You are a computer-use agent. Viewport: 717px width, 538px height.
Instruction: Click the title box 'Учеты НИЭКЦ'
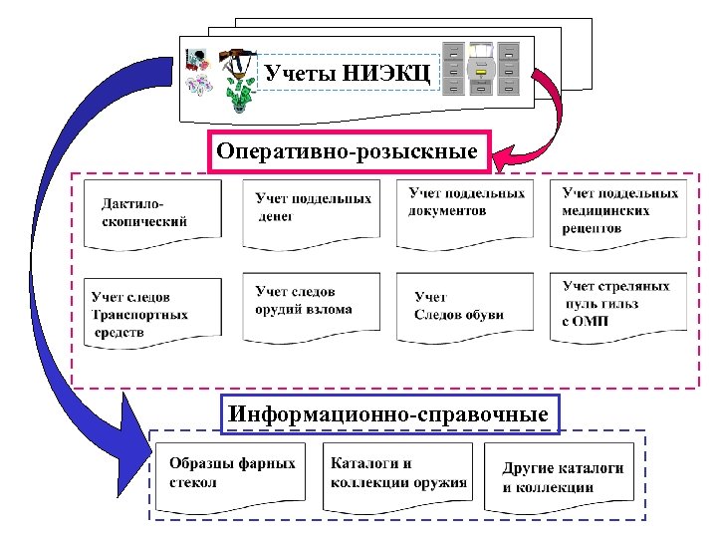347,72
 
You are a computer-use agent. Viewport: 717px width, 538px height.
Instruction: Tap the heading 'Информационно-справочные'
388,412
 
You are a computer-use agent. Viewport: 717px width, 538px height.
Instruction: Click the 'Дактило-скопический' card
152,212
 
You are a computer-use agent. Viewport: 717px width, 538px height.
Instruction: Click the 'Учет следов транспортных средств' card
152,313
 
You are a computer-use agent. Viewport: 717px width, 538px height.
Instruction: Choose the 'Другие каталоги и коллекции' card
561,477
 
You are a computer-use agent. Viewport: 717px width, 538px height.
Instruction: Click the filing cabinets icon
482,68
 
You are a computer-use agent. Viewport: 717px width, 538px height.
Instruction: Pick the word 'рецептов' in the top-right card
592,227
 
